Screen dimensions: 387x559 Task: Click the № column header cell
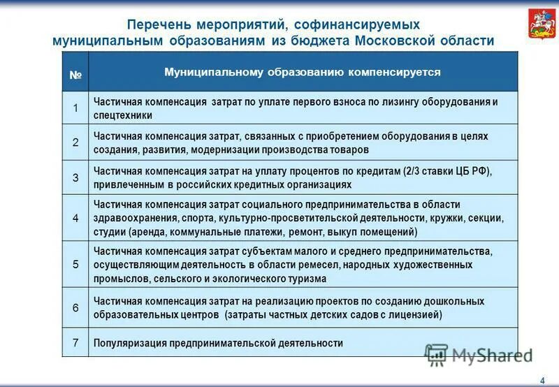(75, 73)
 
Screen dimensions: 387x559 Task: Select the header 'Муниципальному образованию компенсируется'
(302, 72)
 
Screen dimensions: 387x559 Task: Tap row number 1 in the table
(75, 108)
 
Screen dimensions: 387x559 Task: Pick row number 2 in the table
(75, 143)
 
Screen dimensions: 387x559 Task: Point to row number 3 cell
(75, 177)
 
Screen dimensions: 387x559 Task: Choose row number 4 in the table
(75, 217)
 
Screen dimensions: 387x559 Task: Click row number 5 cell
(75, 264)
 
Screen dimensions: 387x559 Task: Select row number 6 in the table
(75, 308)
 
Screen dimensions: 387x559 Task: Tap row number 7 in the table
(75, 343)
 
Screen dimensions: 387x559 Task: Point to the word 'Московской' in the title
(396, 41)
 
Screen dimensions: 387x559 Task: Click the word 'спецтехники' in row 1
(122, 116)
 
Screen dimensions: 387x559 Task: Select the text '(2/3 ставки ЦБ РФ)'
(448, 171)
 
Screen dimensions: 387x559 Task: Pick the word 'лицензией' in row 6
(417, 315)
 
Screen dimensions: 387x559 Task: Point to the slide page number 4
(542, 379)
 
